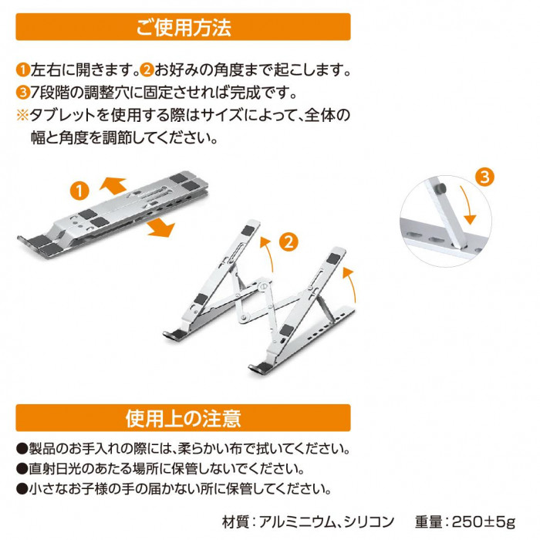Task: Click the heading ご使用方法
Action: pos(184,28)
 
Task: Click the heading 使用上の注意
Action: pos(184,418)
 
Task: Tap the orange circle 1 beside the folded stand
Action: pos(79,191)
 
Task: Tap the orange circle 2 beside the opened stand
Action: pos(289,241)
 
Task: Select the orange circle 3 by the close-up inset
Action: pos(484,177)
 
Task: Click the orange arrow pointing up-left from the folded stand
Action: pos(113,185)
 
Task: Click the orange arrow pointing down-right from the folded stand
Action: pos(161,228)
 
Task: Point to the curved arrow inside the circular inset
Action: pos(467,205)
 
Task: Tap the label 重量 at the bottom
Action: pos(428,521)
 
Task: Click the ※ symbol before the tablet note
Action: pos(22,115)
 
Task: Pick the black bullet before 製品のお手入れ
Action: pos(22,449)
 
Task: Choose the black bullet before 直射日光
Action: pos(22,469)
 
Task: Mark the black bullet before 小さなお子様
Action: pos(22,488)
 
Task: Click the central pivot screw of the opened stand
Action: pos(263,285)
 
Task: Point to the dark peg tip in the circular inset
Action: pos(440,188)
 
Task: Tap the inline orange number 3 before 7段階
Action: pos(23,93)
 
